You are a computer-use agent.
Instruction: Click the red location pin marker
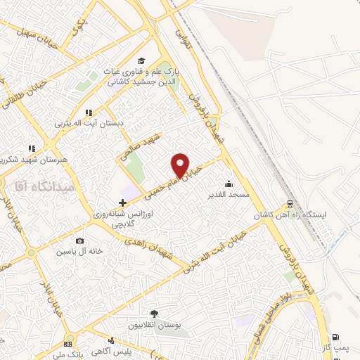pyautogui.click(x=180, y=165)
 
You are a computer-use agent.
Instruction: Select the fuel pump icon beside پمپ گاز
pyautogui.click(x=335, y=337)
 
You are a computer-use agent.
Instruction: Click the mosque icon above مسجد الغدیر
pyautogui.click(x=226, y=184)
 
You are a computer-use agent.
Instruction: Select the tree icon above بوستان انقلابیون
pyautogui.click(x=154, y=314)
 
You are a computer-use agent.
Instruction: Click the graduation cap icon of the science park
pyautogui.click(x=141, y=60)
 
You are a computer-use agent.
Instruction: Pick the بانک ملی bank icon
pyautogui.click(x=67, y=345)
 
